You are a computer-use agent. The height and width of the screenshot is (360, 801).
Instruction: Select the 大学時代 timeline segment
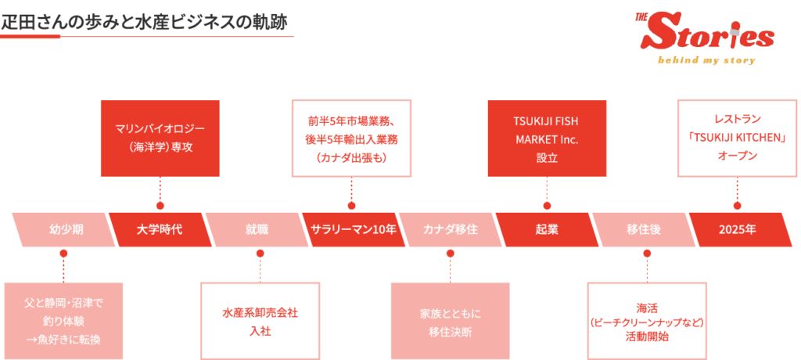tap(160, 229)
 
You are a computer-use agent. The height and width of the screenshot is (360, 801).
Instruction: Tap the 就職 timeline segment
tap(257, 229)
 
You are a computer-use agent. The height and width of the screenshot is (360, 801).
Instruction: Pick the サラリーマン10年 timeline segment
tap(353, 229)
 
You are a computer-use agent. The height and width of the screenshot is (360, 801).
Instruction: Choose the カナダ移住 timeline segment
tap(450, 229)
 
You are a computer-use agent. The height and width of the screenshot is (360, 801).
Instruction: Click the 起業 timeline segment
tap(546, 229)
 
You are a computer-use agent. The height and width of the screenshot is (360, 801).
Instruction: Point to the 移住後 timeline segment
tap(643, 229)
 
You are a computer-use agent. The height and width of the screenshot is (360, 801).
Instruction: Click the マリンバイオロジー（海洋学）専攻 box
tap(160, 137)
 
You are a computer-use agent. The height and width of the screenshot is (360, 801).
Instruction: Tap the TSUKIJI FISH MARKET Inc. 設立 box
tap(546, 137)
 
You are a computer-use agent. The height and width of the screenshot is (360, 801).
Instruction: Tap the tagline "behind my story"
tap(706, 59)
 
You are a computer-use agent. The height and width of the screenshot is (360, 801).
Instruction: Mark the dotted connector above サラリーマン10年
tap(351, 191)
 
